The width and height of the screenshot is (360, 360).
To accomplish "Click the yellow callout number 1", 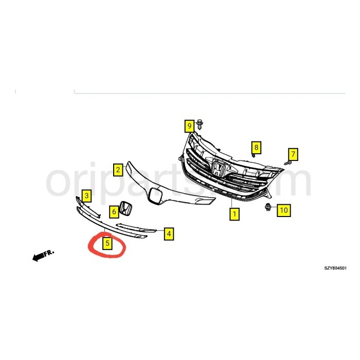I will click(234, 213).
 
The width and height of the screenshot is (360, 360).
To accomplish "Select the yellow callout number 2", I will click(118, 169).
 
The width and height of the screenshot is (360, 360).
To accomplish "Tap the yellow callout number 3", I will click(87, 195).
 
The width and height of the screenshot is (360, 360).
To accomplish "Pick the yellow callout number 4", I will click(169, 234).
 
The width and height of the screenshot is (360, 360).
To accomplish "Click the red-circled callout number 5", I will click(107, 243).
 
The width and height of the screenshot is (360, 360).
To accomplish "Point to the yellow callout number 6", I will click(113, 210).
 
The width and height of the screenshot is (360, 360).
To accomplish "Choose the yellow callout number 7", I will click(293, 153).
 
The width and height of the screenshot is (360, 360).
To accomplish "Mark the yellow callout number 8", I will click(256, 148).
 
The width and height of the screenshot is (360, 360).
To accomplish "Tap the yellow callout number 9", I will click(189, 125).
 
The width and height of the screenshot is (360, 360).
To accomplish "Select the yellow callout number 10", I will click(283, 209).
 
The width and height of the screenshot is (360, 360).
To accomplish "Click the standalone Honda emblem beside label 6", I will click(125, 209).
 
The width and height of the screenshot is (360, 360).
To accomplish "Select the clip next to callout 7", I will click(287, 162).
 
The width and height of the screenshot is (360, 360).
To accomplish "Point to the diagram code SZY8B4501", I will click(335, 268).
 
